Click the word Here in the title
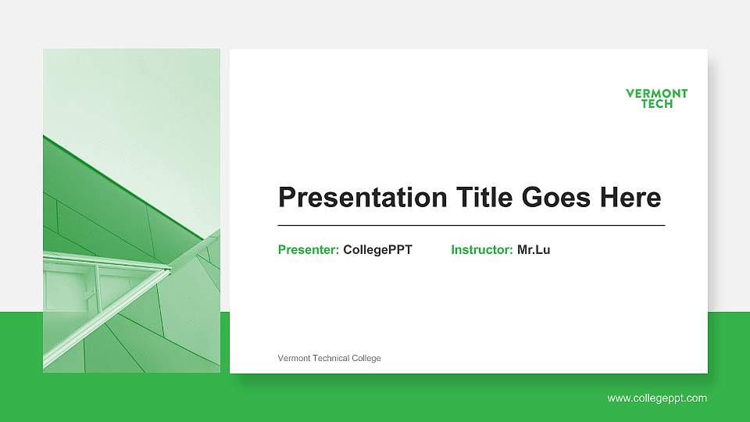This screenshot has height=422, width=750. pos(630,198)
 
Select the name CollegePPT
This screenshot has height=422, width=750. pos(377,250)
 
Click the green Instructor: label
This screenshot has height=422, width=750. pos(482,250)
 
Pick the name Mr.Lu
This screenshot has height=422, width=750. pos(534,250)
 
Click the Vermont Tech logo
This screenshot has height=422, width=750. pos(657,98)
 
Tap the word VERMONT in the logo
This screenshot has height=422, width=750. pos(657,94)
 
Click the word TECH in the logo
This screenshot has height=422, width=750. pos(657,104)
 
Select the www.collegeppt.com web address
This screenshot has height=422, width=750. pos(657,399)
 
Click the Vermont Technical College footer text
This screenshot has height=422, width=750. pos(329,358)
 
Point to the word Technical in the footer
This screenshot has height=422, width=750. pos(331,358)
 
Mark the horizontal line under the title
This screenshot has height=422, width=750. pos(471,225)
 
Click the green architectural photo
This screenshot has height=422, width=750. pos(131,210)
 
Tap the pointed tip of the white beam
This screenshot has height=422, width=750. pos(170,269)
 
